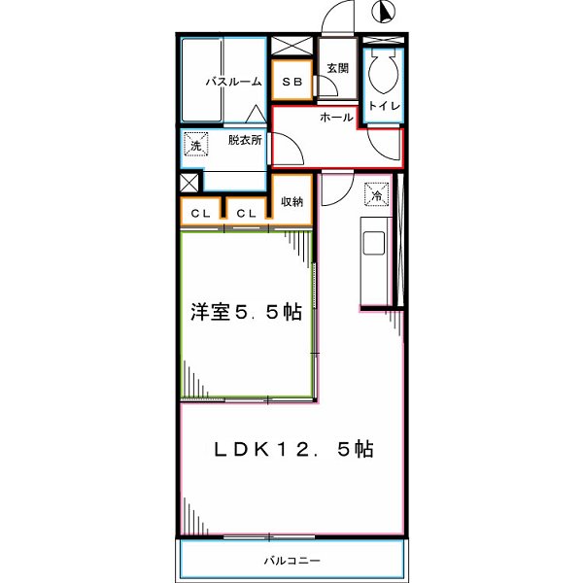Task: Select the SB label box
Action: coord(291,83)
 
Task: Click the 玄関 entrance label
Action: coord(337,68)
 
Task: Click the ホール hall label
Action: coord(336,117)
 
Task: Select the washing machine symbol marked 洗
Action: coord(194,147)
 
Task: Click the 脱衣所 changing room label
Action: coord(245,140)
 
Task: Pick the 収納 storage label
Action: coord(292,201)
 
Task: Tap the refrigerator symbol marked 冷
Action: coord(376,194)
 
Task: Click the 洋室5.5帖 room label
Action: coord(245,313)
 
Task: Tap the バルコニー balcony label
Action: coord(291,561)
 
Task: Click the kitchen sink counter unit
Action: coord(373,262)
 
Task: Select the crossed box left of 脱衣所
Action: coord(189,183)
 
